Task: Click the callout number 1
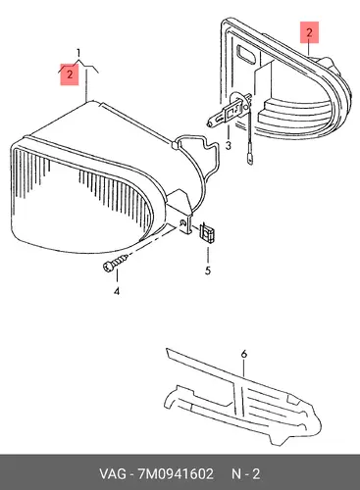click(78, 53)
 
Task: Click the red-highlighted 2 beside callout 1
click(70, 74)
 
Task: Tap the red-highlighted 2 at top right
click(309, 32)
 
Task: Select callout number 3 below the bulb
click(228, 145)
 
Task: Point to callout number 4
click(117, 291)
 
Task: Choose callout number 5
click(208, 270)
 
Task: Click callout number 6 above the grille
click(244, 354)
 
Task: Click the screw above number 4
click(115, 263)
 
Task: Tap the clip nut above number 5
click(207, 233)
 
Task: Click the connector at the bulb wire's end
click(250, 160)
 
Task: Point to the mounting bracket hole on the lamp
click(184, 223)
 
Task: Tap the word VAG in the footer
click(113, 474)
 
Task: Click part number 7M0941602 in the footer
click(176, 474)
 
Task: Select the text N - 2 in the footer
click(246, 474)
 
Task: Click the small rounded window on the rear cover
click(246, 54)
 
